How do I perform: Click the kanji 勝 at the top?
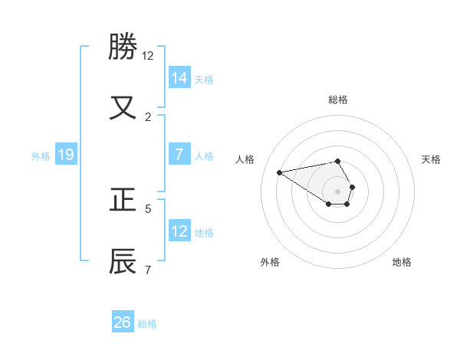(x=123, y=47)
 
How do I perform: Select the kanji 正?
(x=123, y=200)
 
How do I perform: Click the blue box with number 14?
(x=179, y=77)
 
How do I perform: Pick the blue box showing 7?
(x=179, y=155)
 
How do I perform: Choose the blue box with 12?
(x=179, y=231)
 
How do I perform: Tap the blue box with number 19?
(x=66, y=155)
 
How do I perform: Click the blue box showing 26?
(x=123, y=322)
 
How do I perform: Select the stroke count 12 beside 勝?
(x=148, y=56)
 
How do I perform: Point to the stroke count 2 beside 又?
(x=148, y=116)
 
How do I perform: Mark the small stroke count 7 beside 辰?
(x=148, y=269)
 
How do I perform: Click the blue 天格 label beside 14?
(x=204, y=79)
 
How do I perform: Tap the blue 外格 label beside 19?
(x=41, y=156)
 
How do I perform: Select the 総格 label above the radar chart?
(x=338, y=100)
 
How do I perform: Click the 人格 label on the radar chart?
(x=245, y=159)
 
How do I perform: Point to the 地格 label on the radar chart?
(x=402, y=262)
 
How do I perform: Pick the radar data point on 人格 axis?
(x=280, y=172)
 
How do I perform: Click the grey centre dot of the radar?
(x=337, y=191)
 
